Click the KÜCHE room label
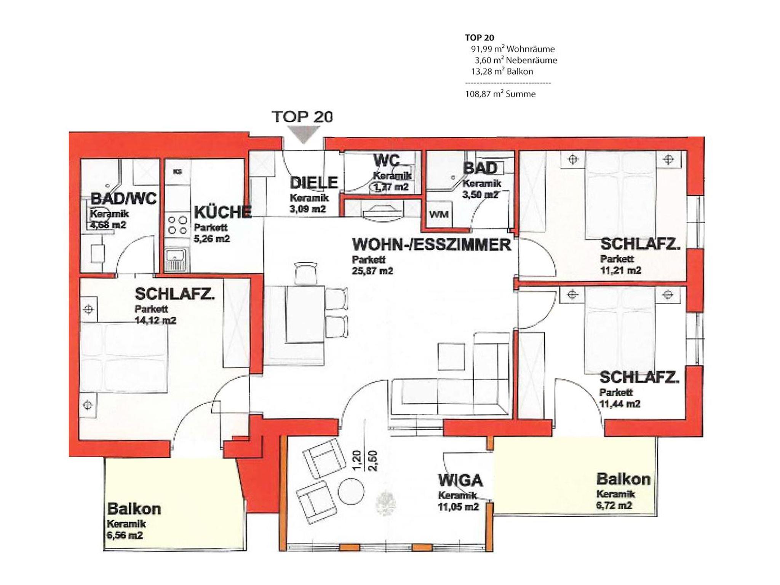pyautogui.click(x=223, y=212)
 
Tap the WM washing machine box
pyautogui.click(x=438, y=215)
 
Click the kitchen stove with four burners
pyautogui.click(x=178, y=225)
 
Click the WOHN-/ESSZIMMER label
pyautogui.click(x=432, y=245)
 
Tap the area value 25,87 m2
pyautogui.click(x=372, y=271)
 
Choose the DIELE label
pyautogui.click(x=314, y=183)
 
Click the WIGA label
pyautogui.click(x=460, y=480)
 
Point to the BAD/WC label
pyautogui.click(x=123, y=199)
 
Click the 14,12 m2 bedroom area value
pyautogui.click(x=155, y=320)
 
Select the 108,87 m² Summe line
pyautogui.click(x=500, y=94)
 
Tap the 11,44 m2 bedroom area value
pyautogui.click(x=620, y=404)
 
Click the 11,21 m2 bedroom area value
pyautogui.click(x=621, y=270)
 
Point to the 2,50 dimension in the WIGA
pyautogui.click(x=373, y=461)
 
